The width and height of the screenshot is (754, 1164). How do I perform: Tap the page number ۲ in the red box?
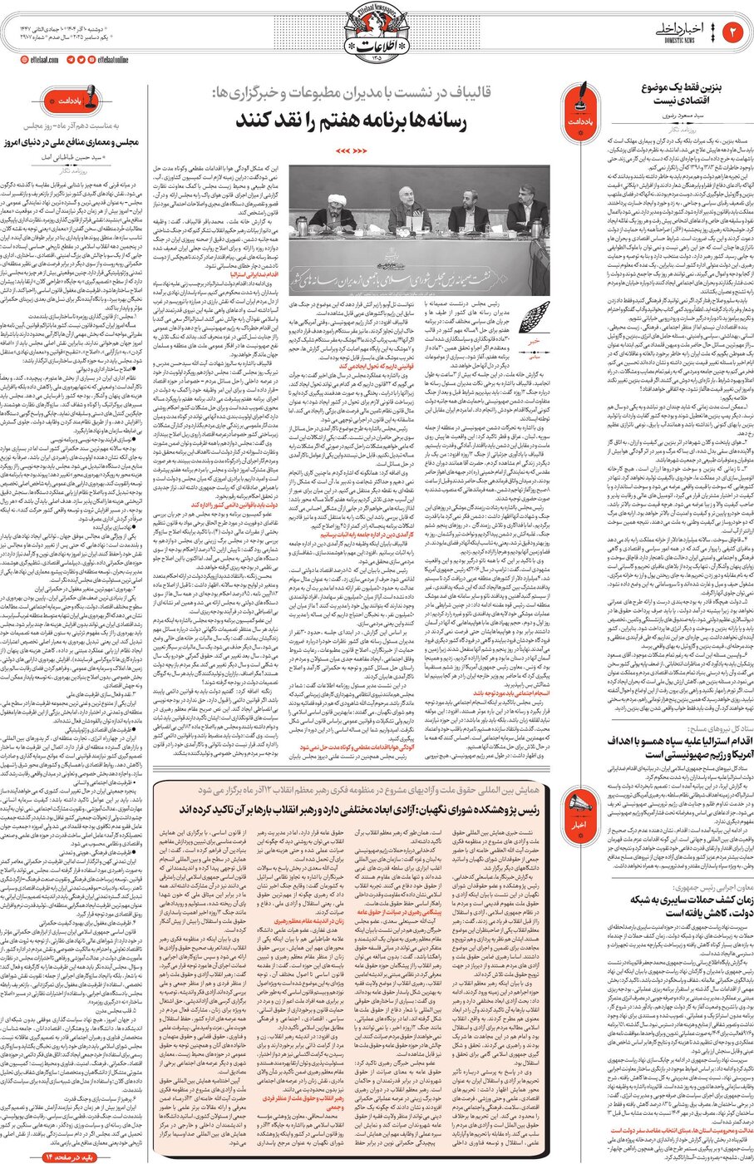pyautogui.click(x=734, y=33)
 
